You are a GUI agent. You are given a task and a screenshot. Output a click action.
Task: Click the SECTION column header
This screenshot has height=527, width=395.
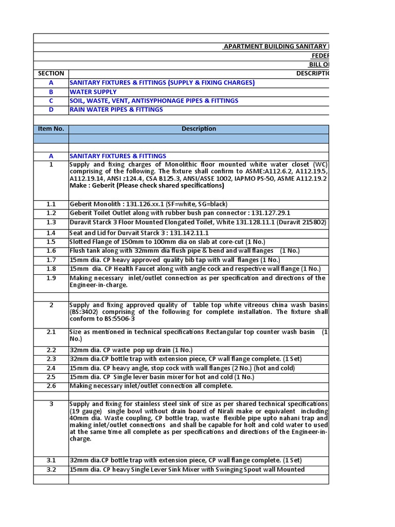tap(51, 74)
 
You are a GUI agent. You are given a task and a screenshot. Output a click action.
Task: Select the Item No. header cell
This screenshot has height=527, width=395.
tap(51, 129)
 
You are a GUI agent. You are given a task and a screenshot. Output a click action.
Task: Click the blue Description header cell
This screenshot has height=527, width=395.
tap(199, 129)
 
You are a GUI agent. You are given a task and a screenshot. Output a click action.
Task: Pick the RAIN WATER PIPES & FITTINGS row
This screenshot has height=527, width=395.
tap(116, 110)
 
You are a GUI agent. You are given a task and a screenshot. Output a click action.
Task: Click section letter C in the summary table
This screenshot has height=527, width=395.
tap(51, 101)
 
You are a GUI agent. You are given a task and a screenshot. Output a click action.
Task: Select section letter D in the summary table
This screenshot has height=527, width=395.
tap(51, 110)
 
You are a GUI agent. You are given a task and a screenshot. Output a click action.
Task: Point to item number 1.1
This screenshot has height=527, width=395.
tap(51, 204)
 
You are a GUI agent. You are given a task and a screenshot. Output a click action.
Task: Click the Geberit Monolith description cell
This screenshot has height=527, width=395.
tap(149, 204)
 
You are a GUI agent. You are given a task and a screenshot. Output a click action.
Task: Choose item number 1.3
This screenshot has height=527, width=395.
tap(51, 222)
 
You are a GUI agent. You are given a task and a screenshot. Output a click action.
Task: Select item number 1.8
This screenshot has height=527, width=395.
tap(51, 269)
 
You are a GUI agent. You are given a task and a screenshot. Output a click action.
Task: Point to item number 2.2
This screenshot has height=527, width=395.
tap(51, 350)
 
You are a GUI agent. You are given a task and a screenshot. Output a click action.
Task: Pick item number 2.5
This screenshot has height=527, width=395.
tap(51, 377)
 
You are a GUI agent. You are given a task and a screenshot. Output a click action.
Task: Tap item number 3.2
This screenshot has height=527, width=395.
tap(51, 469)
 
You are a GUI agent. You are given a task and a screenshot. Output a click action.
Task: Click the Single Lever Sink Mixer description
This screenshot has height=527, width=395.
tap(187, 469)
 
